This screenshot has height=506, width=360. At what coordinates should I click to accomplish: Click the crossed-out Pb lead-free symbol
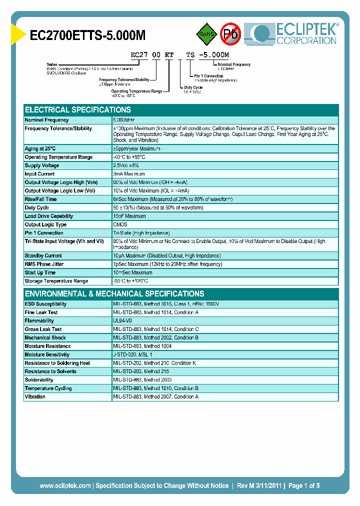(230, 34)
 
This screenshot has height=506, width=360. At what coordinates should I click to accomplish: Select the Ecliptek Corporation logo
(295, 33)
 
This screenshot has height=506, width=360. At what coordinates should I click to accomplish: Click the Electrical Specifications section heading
(78, 109)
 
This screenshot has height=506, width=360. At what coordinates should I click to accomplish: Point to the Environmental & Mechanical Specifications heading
(114, 293)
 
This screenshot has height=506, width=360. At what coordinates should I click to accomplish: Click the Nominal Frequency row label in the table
(47, 120)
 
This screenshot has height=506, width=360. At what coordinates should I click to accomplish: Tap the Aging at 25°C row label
(40, 148)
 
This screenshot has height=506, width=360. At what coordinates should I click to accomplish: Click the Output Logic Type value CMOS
(120, 224)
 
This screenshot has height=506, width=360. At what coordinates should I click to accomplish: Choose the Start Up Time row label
(40, 272)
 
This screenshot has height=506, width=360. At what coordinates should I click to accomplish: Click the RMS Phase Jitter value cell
(167, 264)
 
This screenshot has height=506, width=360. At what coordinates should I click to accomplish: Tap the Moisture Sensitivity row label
(47, 354)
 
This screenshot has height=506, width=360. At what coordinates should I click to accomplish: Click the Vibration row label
(35, 396)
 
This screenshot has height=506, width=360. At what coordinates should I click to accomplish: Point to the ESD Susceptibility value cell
(166, 304)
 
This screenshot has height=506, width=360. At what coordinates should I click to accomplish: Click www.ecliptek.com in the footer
(65, 485)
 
